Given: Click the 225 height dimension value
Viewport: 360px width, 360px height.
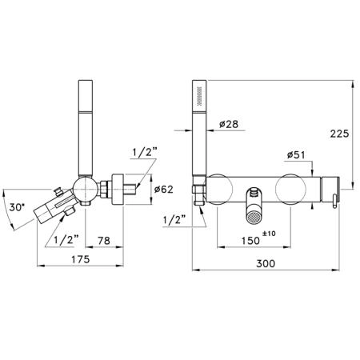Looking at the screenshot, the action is tap(339, 134).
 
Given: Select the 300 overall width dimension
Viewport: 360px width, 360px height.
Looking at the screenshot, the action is tap(266, 263).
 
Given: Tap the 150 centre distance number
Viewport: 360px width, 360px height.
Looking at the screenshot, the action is tap(250, 241).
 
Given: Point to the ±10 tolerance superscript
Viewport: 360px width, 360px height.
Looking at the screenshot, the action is tap(269, 234).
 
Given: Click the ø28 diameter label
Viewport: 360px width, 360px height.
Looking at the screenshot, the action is tap(229, 124).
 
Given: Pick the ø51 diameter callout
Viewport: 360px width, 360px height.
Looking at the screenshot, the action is tap(296, 154).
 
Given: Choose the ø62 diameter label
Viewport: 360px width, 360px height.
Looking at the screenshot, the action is tap(164, 190).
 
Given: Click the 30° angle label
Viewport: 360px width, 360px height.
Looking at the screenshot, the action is tap(17, 207).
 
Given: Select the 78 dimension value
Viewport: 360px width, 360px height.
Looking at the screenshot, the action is tap(104, 241).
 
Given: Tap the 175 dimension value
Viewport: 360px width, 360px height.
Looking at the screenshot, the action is tap(81, 259).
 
